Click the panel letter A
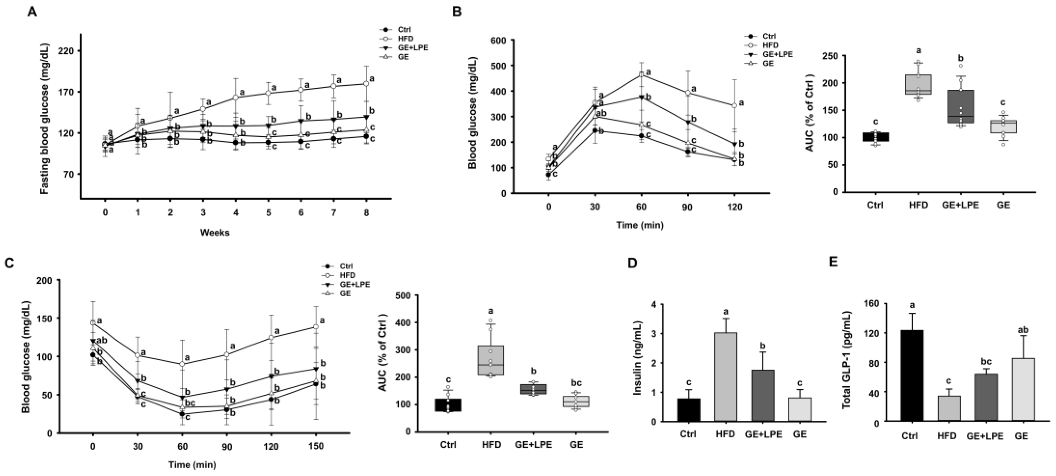coord(32,12)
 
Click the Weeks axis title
coord(215,232)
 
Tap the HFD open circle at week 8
coord(366,84)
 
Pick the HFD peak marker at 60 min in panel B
coord(641,75)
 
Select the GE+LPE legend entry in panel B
coord(777,54)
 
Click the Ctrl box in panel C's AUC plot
coord(448,405)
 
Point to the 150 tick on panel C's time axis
coord(315,446)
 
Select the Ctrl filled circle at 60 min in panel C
coord(182,414)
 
